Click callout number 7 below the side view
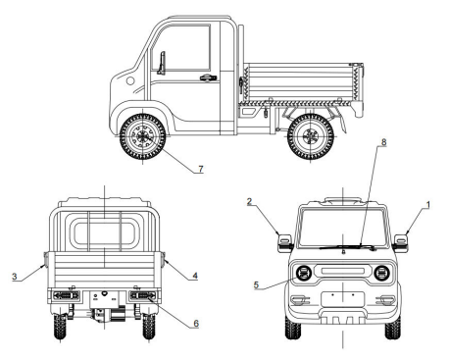tap(201, 169)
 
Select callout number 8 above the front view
tap(383, 142)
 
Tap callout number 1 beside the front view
tap(428, 205)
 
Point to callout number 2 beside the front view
tap(249, 201)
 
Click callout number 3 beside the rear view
tap(14, 277)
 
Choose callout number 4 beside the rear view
tap(195, 276)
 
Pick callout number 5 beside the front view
tap(256, 284)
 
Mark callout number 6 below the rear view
tap(196, 324)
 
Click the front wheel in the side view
tap(142, 136)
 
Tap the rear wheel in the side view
tap(311, 136)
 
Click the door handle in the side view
tap(208, 77)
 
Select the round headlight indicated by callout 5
tap(304, 274)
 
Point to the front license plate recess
tap(342, 299)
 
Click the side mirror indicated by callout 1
tap(401, 243)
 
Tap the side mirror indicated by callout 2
tap(285, 243)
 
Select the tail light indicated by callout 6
tap(143, 296)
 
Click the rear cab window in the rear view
tap(104, 233)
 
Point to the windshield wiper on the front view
tap(348, 247)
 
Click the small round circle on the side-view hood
tap(130, 80)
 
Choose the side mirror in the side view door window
tap(162, 63)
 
